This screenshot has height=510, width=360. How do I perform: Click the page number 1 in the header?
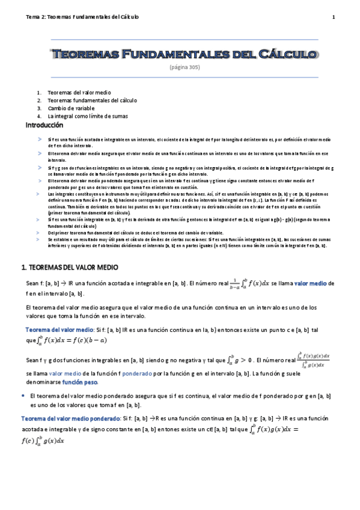[333, 17]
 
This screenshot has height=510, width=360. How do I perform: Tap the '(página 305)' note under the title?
[185, 67]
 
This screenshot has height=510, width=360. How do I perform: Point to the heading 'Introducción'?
[44, 125]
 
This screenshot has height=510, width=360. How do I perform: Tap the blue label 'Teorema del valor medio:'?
[59, 330]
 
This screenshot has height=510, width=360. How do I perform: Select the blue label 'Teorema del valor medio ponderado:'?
[70, 417]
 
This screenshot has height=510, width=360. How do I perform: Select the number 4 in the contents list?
[38, 116]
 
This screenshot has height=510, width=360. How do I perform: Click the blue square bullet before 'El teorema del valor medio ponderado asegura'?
[23, 396]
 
